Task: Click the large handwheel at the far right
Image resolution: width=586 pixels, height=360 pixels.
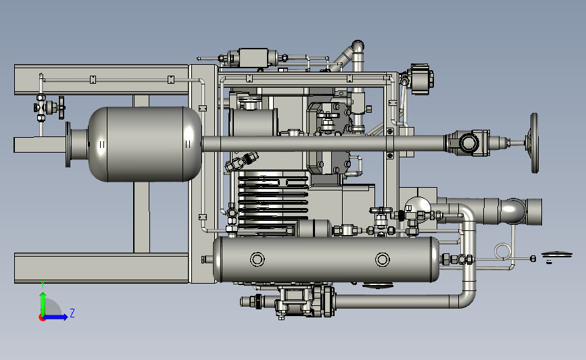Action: tap(535, 143)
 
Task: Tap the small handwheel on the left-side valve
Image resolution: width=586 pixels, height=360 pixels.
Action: tap(62, 107)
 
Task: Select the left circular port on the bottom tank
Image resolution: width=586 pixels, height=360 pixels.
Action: tap(257, 259)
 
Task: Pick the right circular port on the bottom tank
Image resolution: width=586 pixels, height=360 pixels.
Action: tap(383, 259)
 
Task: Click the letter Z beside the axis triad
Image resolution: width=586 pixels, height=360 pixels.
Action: tap(72, 313)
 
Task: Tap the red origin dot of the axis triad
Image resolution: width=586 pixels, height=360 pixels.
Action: tap(42, 318)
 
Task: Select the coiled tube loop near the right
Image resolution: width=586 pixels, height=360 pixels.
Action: tap(502, 251)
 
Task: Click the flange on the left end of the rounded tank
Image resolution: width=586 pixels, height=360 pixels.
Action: tap(68, 144)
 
